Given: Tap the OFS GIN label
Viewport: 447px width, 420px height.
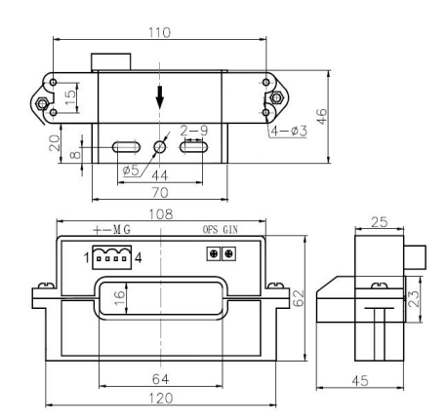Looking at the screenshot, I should [218, 233].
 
